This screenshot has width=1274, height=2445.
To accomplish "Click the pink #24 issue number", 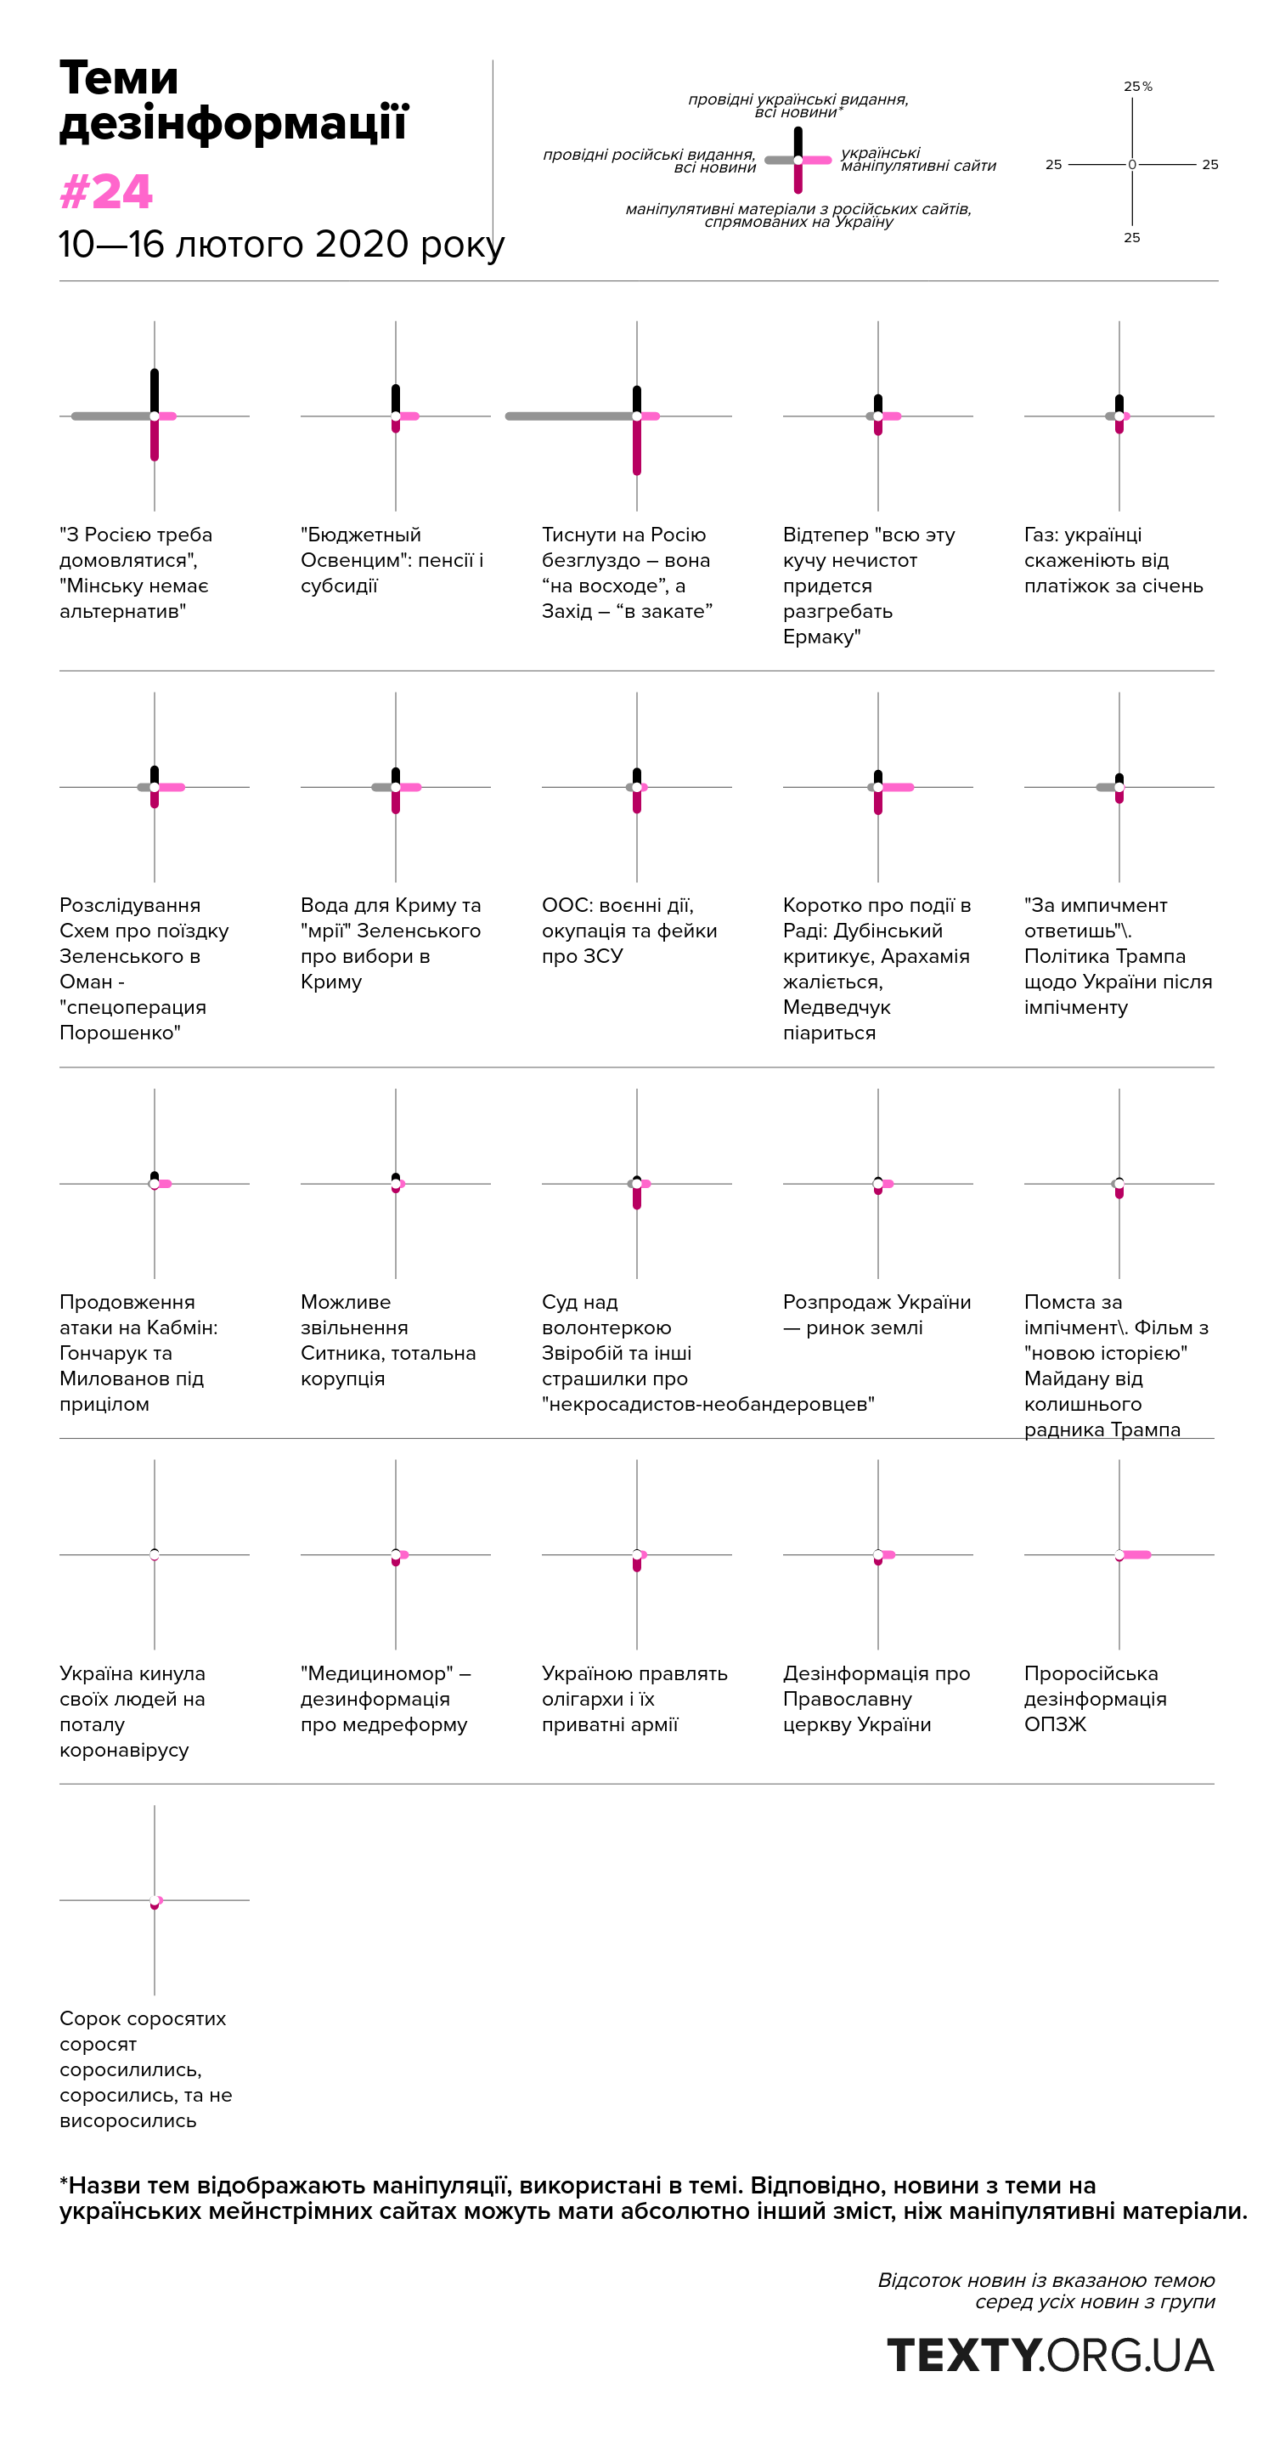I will coord(105,192).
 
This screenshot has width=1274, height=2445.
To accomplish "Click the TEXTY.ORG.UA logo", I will coord(1050,2355).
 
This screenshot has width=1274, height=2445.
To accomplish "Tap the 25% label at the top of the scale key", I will coord(1137,87).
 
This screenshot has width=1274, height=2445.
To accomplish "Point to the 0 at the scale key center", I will coord(1131,165).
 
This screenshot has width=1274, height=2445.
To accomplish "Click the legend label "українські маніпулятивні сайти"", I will coord(917,160).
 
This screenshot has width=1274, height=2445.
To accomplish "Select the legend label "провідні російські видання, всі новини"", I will coord(650,161).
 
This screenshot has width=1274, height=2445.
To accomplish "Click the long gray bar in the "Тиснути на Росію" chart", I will coord(569,416).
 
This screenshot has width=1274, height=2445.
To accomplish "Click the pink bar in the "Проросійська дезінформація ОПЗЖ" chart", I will coord(1136,1554).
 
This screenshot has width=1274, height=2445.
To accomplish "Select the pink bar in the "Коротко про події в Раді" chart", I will coord(898,787).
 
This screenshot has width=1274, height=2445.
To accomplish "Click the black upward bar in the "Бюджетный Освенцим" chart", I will coord(396,399).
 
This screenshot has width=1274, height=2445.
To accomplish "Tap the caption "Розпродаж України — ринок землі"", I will coord(876,1315).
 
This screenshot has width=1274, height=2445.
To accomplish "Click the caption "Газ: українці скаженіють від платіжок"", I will coord(1113,560).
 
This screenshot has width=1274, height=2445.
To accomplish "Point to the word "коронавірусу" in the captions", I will coord(124,1749).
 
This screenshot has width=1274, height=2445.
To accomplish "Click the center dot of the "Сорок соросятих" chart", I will coord(155,1900).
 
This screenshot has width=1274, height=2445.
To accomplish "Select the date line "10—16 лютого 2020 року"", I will coord(281,245).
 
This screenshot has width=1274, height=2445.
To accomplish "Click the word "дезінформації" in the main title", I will coord(234,123).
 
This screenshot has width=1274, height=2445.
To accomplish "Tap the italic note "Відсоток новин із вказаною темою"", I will coord(1046,2280).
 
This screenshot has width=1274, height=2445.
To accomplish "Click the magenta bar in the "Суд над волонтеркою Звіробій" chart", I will coord(636,1197).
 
